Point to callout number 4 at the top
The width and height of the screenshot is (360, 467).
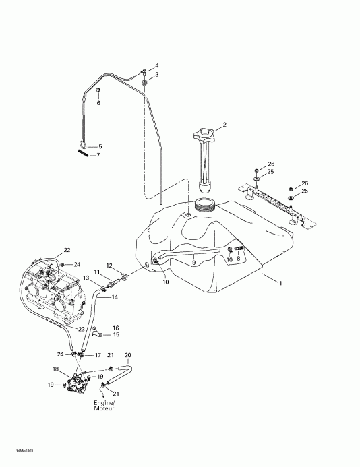(x=156, y=65)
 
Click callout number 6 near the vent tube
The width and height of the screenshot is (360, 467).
(x=98, y=103)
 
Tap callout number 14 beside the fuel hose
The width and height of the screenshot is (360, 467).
(x=115, y=297)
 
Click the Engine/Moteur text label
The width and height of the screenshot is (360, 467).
(x=104, y=405)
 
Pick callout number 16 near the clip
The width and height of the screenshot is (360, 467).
(x=115, y=327)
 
